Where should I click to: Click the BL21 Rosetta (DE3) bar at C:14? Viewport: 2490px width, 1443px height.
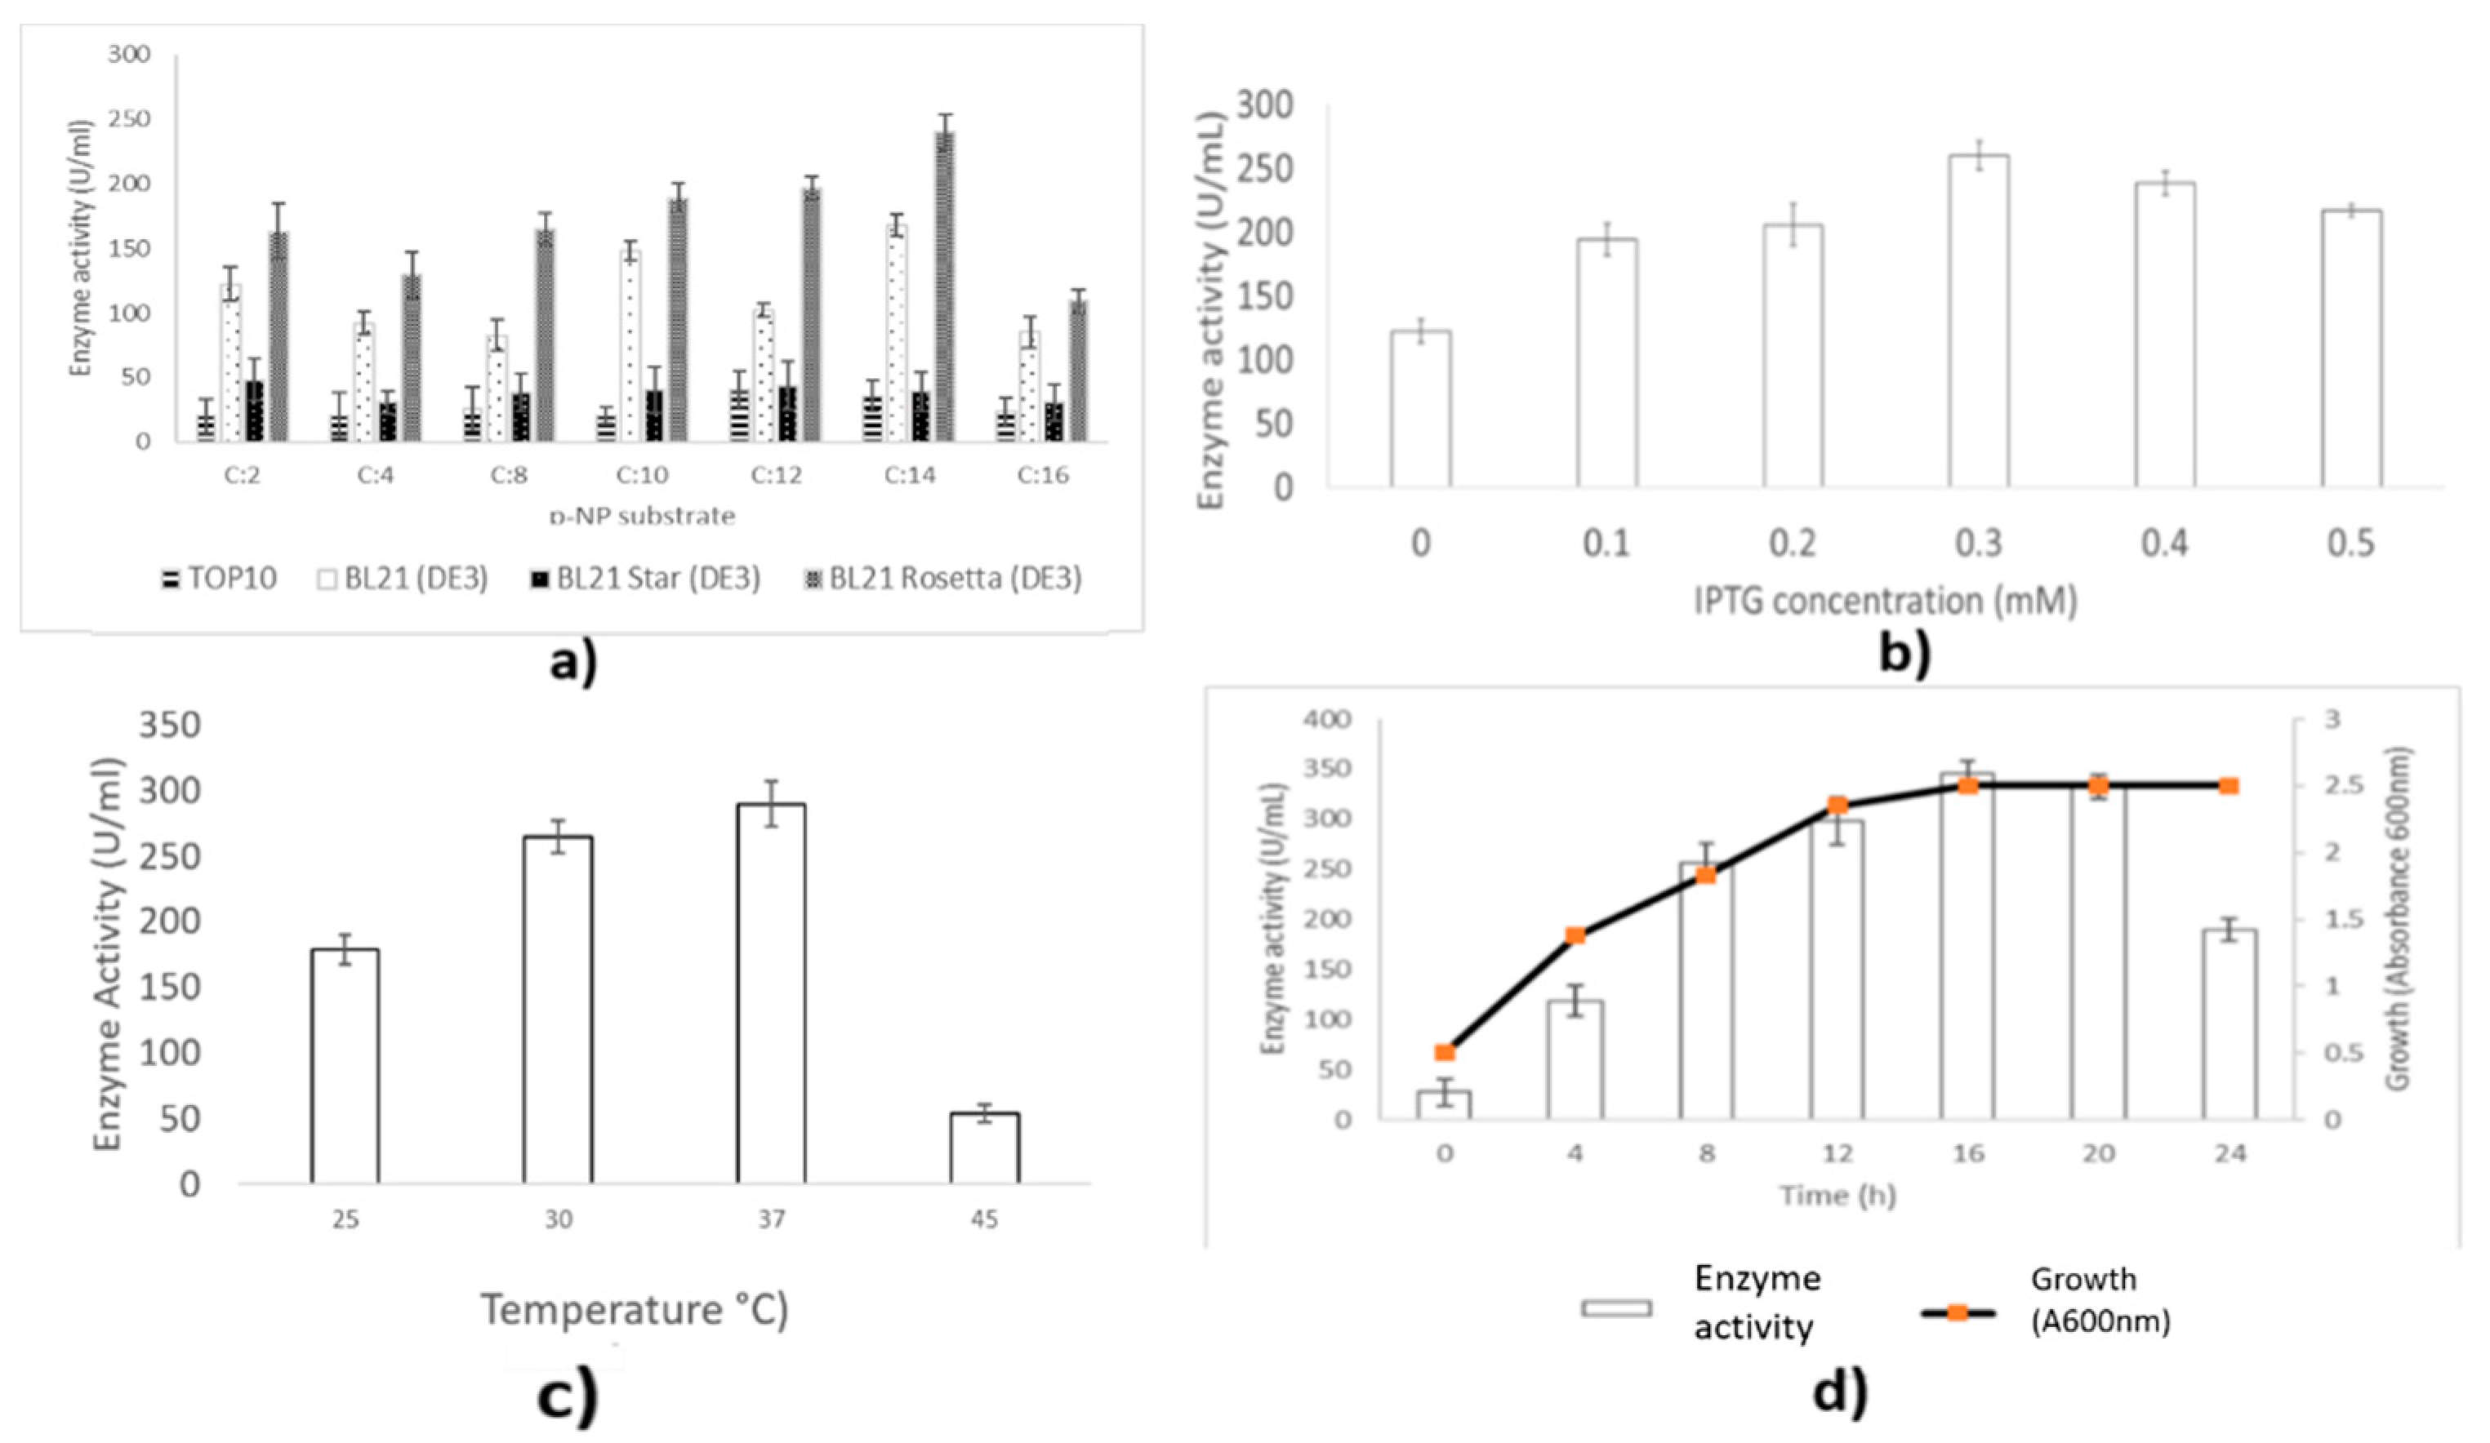(x=945, y=286)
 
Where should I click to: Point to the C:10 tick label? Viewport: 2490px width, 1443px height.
(x=642, y=475)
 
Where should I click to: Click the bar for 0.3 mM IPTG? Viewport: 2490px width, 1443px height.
(x=1978, y=321)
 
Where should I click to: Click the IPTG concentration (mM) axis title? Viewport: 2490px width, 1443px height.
(x=1886, y=601)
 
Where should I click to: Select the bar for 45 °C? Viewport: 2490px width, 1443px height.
(x=984, y=1148)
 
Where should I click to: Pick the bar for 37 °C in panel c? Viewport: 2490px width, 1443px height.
(x=771, y=992)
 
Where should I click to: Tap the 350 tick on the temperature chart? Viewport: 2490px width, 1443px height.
(x=169, y=726)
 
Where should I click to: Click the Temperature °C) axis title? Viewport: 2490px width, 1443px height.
(x=635, y=1310)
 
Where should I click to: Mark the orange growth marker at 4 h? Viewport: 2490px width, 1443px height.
(x=1575, y=935)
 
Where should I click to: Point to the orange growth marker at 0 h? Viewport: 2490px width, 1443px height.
(x=1445, y=1052)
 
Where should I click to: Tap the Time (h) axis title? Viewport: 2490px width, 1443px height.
(x=1837, y=1196)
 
